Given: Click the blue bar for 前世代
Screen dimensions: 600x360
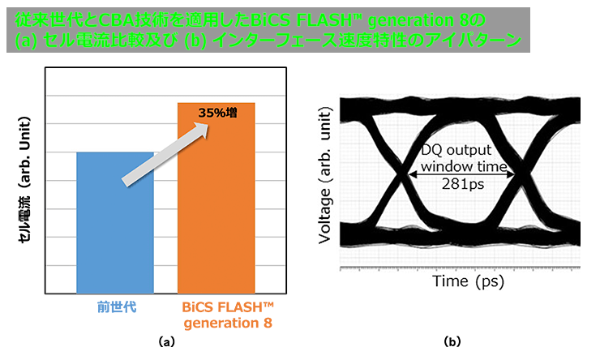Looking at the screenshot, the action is (115, 223).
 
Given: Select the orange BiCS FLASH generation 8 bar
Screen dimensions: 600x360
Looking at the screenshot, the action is (216, 198).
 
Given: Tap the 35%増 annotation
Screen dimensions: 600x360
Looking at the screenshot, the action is (218, 113).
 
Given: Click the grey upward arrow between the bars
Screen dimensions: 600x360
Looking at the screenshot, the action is (165, 155).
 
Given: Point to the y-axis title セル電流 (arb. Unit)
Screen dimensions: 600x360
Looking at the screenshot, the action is (24, 179).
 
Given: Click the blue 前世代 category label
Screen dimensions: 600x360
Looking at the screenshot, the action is (117, 306).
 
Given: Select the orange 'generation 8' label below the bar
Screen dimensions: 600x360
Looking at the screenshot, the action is (228, 323).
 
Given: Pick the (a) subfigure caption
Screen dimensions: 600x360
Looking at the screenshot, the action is (166, 341).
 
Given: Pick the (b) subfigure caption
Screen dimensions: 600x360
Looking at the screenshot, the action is (452, 341).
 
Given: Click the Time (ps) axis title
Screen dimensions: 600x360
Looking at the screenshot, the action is (469, 281).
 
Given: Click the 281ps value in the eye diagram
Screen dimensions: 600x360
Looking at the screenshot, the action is (463, 184).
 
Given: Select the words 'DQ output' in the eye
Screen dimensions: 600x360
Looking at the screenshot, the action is (456, 150).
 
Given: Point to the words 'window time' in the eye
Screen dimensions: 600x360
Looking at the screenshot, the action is (464, 167).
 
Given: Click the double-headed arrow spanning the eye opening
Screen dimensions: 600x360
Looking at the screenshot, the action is (462, 174).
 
